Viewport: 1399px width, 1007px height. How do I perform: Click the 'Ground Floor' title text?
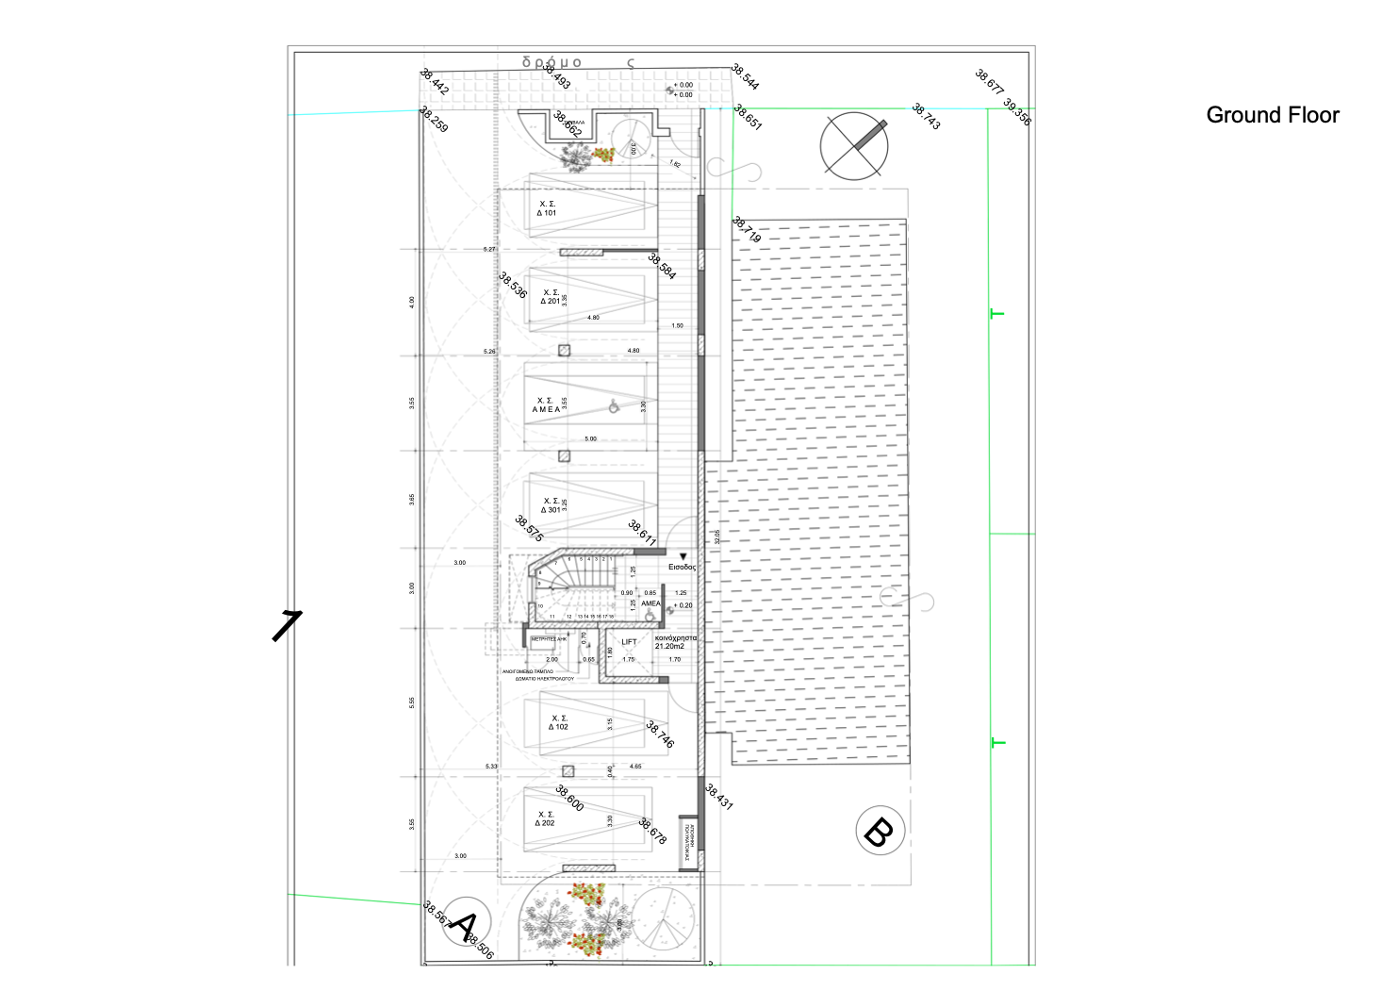[x=1272, y=115]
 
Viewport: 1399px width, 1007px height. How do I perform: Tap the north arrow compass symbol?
[x=854, y=145]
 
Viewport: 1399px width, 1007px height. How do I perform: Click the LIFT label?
[x=629, y=642]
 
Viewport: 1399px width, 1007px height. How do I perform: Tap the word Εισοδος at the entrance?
[x=682, y=568]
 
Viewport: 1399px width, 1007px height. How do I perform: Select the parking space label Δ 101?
[x=547, y=209]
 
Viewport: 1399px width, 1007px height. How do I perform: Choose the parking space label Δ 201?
[x=550, y=297]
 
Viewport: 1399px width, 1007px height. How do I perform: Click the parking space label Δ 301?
[x=551, y=505]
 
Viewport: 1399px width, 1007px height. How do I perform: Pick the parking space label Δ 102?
[x=559, y=723]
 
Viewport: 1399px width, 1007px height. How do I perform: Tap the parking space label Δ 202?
[x=545, y=818]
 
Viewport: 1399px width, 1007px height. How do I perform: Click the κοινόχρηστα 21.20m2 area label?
[x=675, y=642]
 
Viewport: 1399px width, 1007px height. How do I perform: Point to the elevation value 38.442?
[x=435, y=82]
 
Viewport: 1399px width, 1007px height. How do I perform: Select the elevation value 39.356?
[x=1017, y=111]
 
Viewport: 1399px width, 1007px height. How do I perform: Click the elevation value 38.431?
[x=718, y=798]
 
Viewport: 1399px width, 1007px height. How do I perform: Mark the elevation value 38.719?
[x=747, y=230]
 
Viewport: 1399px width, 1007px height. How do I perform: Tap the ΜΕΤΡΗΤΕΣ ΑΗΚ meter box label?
[x=549, y=639]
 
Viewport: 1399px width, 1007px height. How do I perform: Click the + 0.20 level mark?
[x=683, y=605]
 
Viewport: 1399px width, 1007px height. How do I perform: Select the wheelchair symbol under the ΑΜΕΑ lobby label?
[x=650, y=616]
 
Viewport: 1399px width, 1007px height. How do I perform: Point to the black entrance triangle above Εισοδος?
[x=683, y=557]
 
